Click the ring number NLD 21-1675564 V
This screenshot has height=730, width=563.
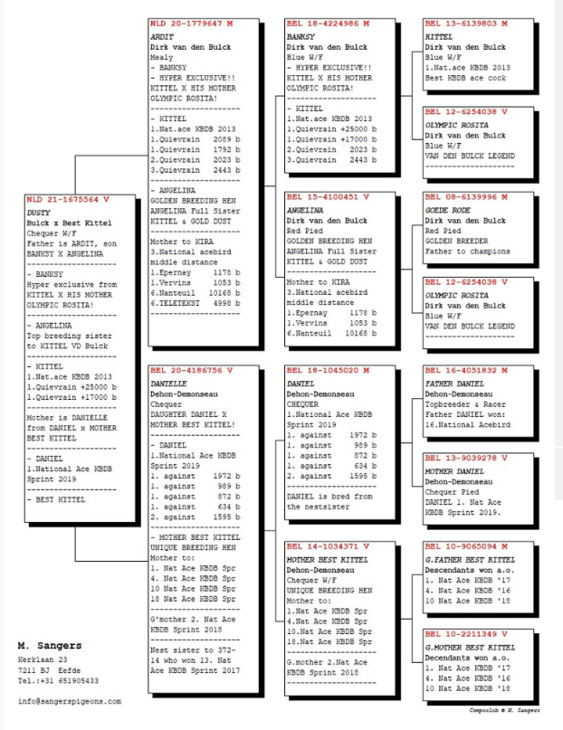pyautogui.click(x=68, y=198)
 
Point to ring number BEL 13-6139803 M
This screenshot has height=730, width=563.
pyautogui.click(x=466, y=24)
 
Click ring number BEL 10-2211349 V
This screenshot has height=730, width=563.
pyautogui.click(x=466, y=632)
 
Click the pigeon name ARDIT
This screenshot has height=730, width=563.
pyautogui.click(x=161, y=36)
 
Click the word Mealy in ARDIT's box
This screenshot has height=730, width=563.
pyautogui.click(x=162, y=57)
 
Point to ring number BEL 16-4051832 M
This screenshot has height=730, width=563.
pyautogui.click(x=466, y=370)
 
